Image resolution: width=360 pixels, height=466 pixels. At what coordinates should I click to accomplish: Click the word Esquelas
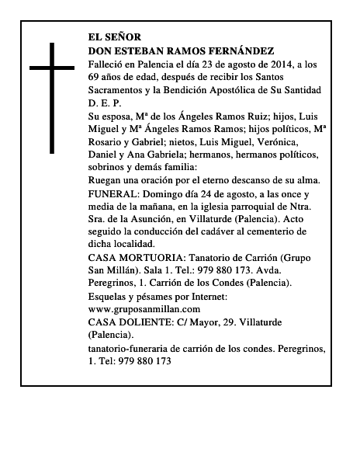[x=111, y=296]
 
